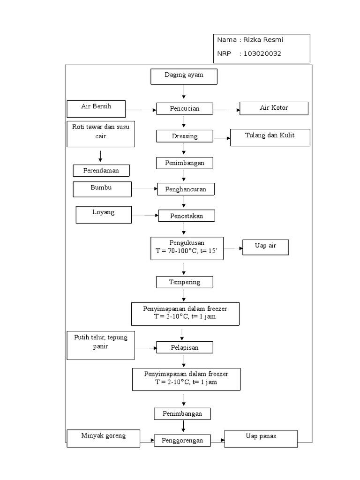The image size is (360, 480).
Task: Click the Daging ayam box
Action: coord(184,76)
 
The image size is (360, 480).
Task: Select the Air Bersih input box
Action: coord(96,108)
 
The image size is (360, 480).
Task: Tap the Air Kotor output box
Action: coord(274,108)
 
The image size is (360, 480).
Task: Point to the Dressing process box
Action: coord(184,136)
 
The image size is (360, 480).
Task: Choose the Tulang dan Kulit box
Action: coord(270,137)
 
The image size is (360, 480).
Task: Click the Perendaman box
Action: coord(101,171)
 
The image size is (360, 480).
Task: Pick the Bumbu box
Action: coord(102,189)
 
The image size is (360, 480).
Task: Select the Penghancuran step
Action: coord(186,189)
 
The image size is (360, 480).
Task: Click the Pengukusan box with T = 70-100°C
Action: coord(187,248)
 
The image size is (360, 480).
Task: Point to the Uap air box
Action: coord(265,247)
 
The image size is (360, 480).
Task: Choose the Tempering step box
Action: coord(185,282)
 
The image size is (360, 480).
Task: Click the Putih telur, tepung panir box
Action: coord(100,345)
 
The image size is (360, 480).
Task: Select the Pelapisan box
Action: coord(184,347)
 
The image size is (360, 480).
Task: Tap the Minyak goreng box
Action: coord(104,437)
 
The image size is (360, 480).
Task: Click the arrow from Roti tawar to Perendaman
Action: coord(100,156)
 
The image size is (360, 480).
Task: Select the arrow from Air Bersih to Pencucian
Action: coord(141,111)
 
